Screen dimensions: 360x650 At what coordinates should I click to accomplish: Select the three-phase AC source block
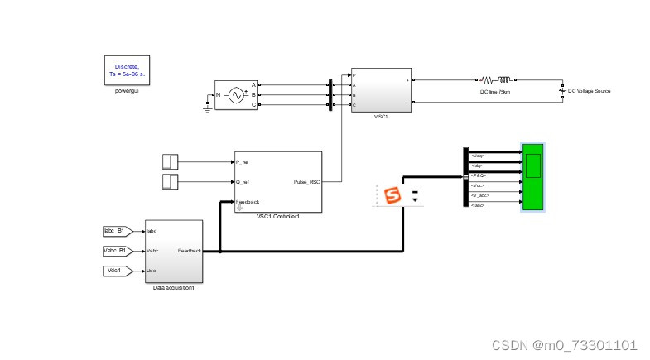point(236,95)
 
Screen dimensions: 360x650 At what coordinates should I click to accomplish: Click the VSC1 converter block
point(381,90)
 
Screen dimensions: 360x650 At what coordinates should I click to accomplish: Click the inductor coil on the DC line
point(503,80)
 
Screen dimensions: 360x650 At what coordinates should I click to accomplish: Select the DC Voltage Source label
point(589,91)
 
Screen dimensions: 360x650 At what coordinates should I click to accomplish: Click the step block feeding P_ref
point(170,161)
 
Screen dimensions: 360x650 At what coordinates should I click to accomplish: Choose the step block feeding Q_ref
point(170,181)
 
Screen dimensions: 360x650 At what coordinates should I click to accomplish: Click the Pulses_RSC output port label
point(306,180)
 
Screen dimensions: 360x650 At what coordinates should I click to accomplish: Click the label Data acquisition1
point(173,287)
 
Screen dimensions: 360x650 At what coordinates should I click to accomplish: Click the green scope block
point(532,176)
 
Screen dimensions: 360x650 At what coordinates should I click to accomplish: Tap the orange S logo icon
point(393,196)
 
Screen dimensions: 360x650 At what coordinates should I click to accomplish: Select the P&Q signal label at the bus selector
point(479,175)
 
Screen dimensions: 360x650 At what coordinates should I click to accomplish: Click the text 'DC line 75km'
point(495,92)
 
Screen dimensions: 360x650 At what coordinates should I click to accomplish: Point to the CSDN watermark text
point(564,345)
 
